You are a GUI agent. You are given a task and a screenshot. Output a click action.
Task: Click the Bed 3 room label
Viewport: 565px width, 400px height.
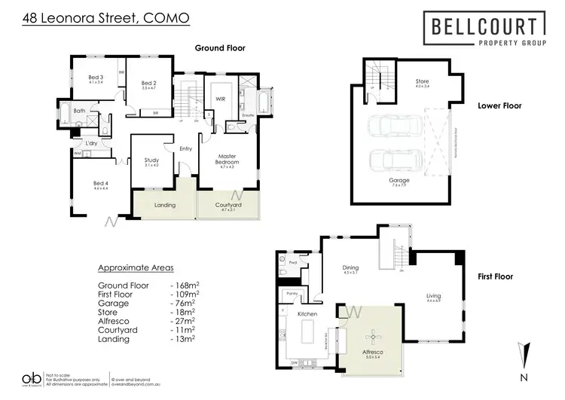point(96,78)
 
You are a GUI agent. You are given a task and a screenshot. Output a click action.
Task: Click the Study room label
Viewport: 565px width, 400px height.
point(151,160)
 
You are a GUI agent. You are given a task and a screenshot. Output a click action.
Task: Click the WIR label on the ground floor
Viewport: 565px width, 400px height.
point(221,99)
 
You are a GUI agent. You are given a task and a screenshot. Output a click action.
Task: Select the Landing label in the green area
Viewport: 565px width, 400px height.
point(164,205)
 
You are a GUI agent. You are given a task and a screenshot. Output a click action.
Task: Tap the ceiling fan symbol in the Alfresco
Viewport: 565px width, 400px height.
point(368,336)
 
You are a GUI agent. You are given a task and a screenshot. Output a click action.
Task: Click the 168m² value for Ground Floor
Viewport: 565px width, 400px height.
point(184,285)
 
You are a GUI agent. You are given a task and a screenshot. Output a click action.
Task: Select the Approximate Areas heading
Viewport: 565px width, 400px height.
point(136,267)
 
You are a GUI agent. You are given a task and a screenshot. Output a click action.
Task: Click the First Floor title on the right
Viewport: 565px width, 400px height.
point(495,276)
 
